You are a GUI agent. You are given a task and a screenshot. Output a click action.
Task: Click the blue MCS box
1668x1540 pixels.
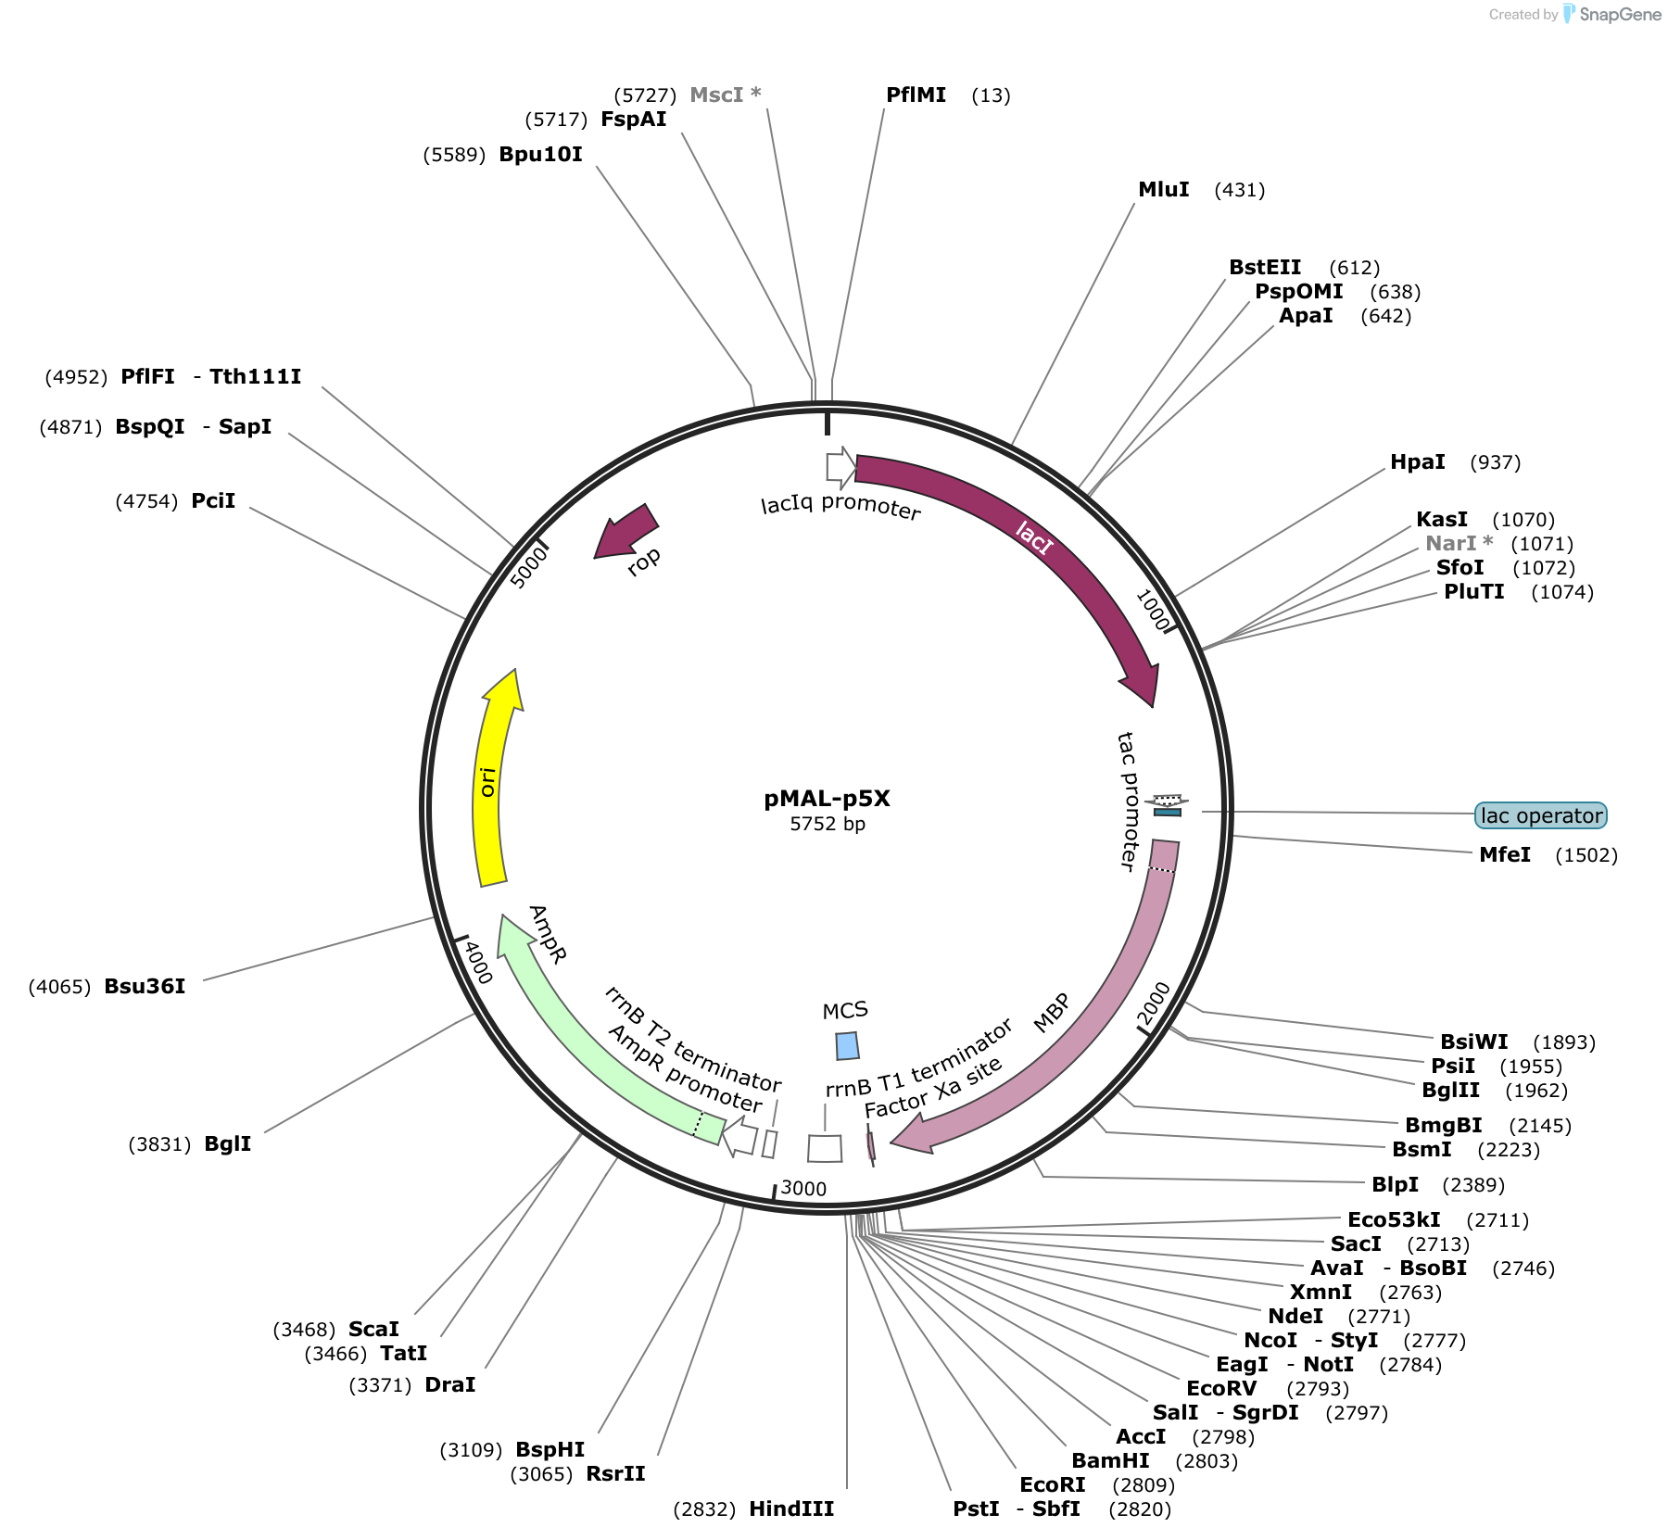point(847,1046)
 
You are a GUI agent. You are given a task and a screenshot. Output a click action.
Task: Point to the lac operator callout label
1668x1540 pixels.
point(1541,815)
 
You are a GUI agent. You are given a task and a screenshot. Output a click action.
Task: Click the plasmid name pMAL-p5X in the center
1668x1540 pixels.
point(827,799)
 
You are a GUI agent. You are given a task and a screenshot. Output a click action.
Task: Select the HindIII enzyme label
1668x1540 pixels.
point(791,1508)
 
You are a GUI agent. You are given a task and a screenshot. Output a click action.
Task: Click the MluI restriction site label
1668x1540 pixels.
point(1163,189)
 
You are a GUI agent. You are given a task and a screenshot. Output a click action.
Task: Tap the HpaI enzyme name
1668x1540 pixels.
point(1417,461)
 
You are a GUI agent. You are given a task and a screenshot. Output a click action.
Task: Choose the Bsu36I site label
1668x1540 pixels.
point(145,986)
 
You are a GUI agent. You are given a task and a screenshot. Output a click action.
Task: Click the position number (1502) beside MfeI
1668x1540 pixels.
point(1586,854)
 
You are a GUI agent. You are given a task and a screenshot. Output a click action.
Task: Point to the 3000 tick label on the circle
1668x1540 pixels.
point(803,1188)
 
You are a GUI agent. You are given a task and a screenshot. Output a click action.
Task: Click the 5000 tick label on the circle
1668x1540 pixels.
point(529,566)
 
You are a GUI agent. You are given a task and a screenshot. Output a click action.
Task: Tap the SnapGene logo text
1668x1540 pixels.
point(1620,14)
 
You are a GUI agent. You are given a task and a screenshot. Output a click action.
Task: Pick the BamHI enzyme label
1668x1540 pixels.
point(1110,1460)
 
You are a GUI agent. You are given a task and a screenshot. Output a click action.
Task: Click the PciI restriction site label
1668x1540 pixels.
point(213,500)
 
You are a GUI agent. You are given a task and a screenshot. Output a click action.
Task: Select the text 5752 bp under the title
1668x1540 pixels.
point(828,824)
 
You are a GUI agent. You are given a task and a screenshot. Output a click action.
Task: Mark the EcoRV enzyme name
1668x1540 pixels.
point(1221,1388)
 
